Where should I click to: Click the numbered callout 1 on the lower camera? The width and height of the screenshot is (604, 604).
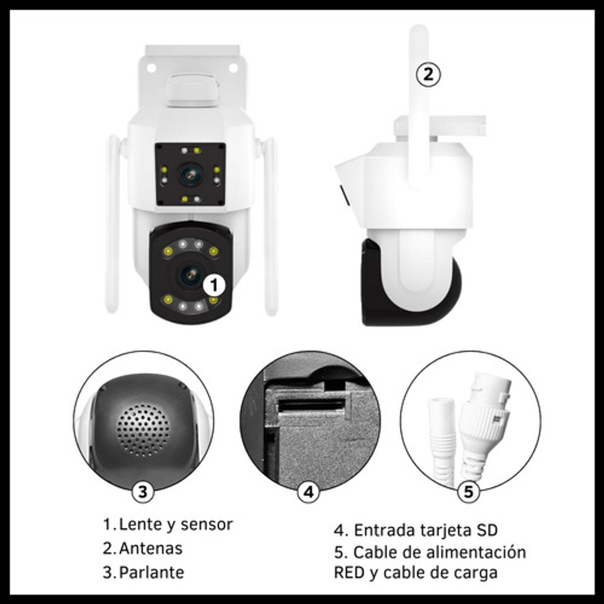[x=214, y=285]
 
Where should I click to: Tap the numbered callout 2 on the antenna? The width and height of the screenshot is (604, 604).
[x=428, y=74]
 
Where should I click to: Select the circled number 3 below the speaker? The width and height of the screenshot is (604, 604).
[x=143, y=492]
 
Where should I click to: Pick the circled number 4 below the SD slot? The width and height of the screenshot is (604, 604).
[x=309, y=492]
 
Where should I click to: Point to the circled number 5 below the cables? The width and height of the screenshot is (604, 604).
[x=468, y=492]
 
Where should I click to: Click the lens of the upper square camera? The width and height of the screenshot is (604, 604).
[x=190, y=175]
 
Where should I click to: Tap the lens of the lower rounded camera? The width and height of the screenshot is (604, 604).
[x=190, y=275]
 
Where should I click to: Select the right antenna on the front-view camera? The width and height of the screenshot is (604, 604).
[x=270, y=226]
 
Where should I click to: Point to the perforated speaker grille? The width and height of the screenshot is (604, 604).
[x=143, y=429]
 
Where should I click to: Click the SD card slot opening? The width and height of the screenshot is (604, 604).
[x=311, y=405]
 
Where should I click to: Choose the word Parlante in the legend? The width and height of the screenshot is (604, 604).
[x=152, y=573]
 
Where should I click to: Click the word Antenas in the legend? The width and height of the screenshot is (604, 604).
[x=150, y=548]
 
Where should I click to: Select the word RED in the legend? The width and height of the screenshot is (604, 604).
[x=349, y=573]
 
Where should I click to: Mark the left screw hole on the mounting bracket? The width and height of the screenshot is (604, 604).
[x=152, y=68]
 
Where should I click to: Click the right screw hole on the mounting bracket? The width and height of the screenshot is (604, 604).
[x=233, y=68]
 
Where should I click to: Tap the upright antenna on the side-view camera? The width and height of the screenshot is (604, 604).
[x=419, y=108]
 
